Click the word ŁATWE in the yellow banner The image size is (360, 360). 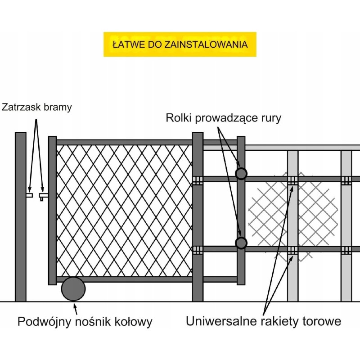(125, 45)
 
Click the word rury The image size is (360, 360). (271, 119)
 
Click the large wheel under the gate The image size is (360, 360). (73, 289)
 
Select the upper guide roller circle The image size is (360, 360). (241, 173)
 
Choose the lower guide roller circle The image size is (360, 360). (241, 243)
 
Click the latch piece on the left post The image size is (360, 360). (29, 196)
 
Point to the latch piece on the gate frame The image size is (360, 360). (43, 196)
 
